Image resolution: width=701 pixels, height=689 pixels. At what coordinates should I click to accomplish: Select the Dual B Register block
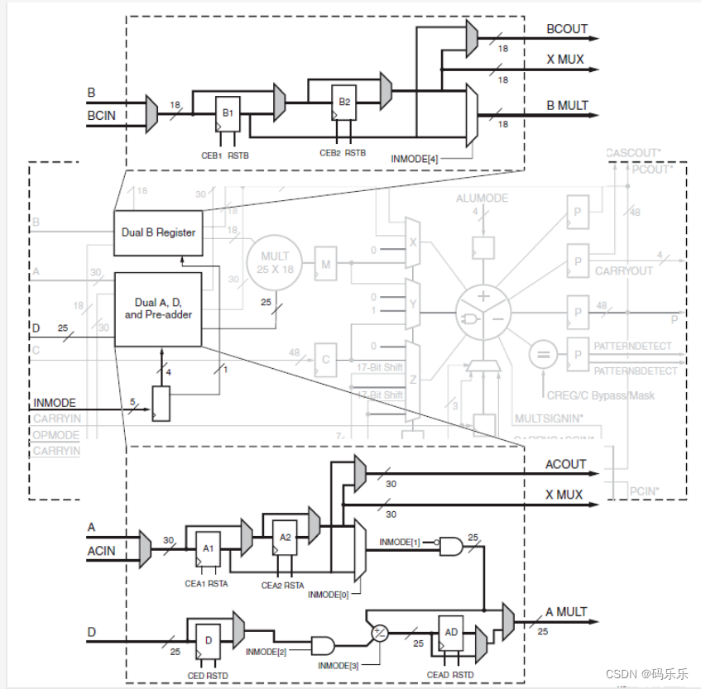(x=158, y=232)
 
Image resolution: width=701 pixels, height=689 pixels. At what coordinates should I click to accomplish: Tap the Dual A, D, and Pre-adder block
(x=158, y=309)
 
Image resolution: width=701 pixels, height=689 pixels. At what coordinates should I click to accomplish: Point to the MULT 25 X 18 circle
(x=275, y=262)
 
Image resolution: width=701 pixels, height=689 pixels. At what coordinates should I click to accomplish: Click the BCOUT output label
(x=567, y=29)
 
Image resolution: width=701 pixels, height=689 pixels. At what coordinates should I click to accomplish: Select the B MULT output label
(x=567, y=105)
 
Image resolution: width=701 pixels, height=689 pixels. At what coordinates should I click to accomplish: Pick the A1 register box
(x=209, y=548)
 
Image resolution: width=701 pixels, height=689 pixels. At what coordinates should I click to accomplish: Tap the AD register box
(x=452, y=633)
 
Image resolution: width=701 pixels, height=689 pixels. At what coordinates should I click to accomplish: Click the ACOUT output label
(x=566, y=464)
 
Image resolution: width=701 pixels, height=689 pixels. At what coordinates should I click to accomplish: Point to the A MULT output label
(x=566, y=612)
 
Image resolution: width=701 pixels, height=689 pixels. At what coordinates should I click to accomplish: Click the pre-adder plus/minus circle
(x=380, y=633)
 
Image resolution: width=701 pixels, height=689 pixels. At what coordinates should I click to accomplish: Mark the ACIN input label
(x=102, y=551)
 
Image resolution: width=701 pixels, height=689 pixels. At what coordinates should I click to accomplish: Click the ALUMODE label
(x=482, y=199)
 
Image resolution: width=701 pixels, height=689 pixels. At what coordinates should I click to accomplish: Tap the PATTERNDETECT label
(x=633, y=347)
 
